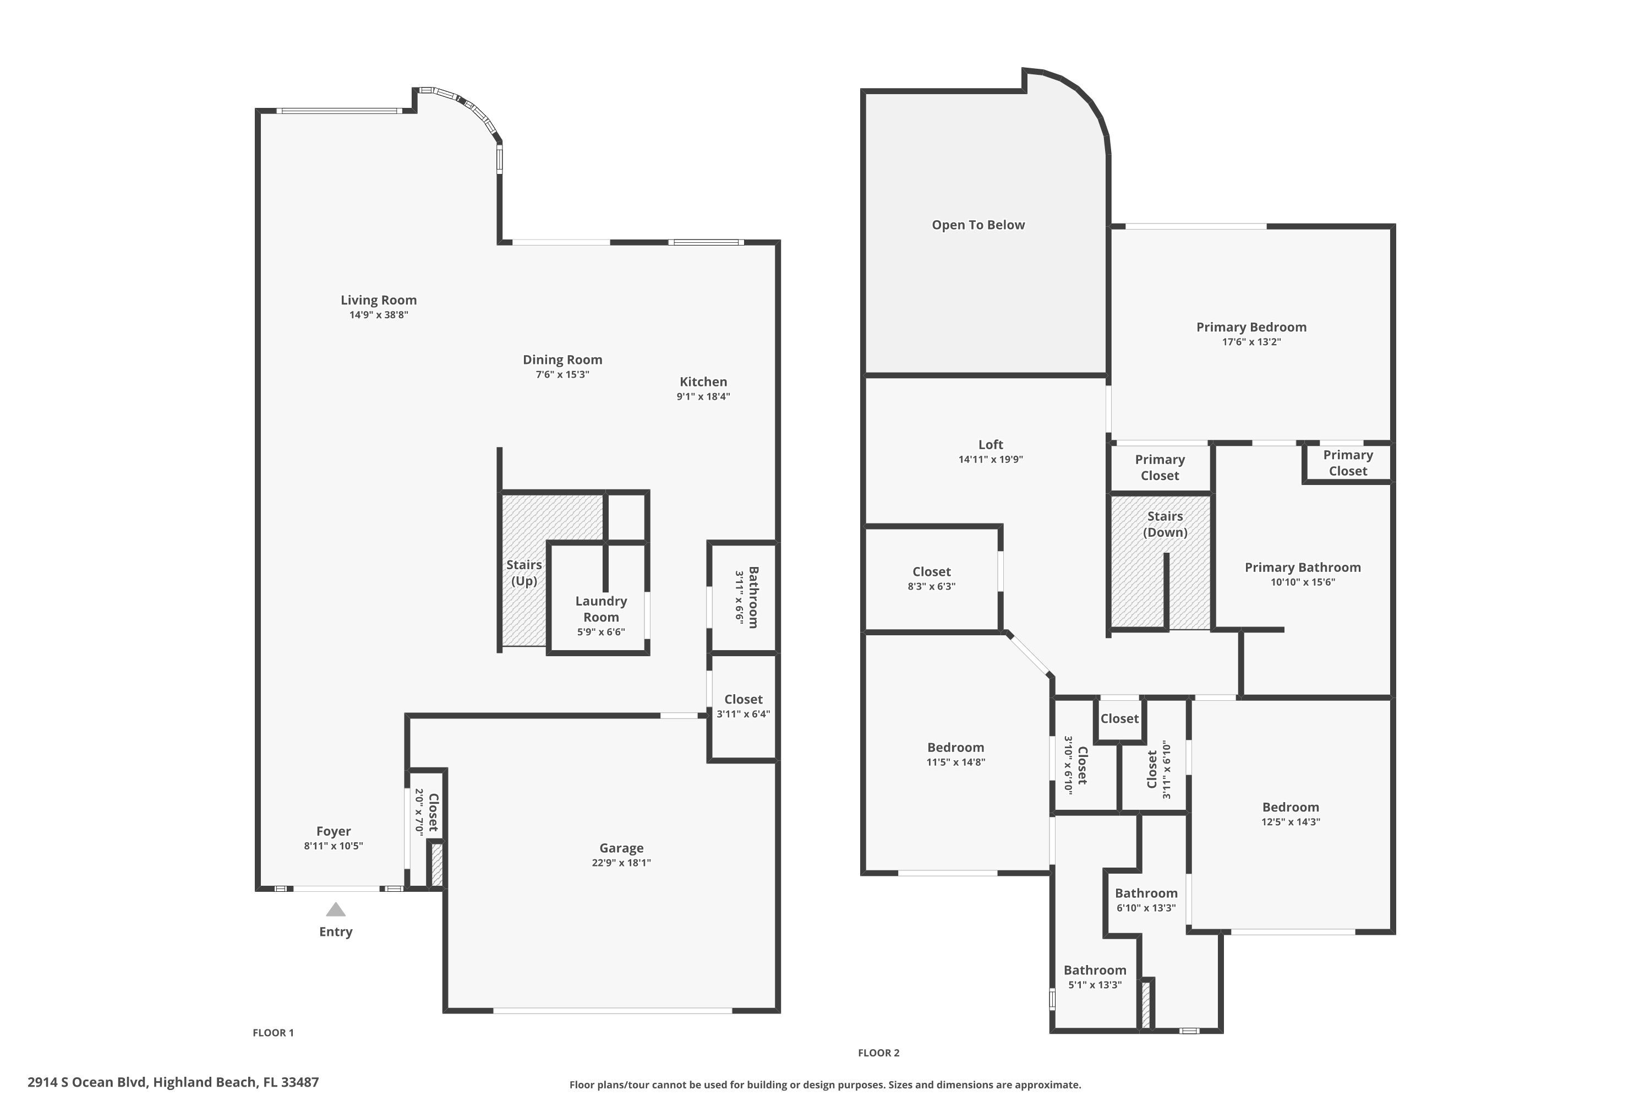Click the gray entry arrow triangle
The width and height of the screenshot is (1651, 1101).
point(336,910)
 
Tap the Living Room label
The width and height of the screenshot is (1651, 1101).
point(379,300)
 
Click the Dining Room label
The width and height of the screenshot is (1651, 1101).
point(562,359)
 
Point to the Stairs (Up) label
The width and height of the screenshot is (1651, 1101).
point(524,573)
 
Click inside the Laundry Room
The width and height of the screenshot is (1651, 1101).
point(601,609)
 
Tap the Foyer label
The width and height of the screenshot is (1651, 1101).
point(333,831)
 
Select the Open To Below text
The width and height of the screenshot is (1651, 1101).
point(978,225)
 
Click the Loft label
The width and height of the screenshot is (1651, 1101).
point(991,444)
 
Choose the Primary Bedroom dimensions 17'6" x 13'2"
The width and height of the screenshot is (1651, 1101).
point(1251,342)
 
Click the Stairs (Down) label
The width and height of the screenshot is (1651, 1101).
point(1165,524)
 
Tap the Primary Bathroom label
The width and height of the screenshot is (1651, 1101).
point(1302,568)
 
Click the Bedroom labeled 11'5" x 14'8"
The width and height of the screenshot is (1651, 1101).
point(955,747)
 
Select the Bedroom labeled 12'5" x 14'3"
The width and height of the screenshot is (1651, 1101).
point(1289,807)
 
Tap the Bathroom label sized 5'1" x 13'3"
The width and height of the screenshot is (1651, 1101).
point(1095,969)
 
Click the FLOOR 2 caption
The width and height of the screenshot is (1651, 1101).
point(878,1053)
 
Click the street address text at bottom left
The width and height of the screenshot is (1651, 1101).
point(173,1082)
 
